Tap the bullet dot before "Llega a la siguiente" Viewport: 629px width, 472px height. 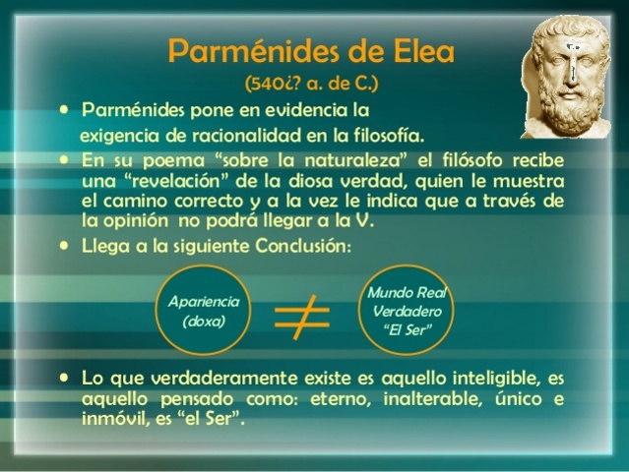[x=65, y=245]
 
